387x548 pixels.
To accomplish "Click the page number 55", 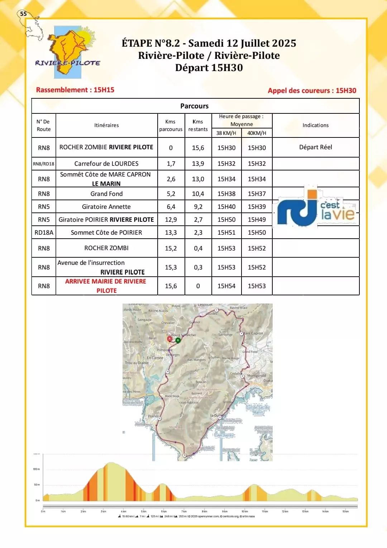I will [23, 14].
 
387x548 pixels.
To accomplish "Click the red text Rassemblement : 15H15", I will [75, 90].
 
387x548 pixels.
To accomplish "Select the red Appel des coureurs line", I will [312, 90].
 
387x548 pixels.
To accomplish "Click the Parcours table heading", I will [194, 106].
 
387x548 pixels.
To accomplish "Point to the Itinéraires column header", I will [106, 125].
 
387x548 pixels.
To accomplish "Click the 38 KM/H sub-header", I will [226, 133].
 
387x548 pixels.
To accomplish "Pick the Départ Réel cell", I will [315, 147].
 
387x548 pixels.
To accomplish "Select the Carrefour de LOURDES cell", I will [106, 164].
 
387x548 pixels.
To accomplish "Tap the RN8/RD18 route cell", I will [44, 164].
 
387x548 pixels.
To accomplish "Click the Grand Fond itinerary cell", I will [106, 194].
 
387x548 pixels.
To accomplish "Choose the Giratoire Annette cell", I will [106, 207].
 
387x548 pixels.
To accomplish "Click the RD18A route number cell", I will [44, 233].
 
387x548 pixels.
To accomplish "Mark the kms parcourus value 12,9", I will [171, 220].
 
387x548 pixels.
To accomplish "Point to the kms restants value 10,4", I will [198, 194].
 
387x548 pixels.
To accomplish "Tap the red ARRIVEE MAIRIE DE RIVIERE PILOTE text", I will [106, 286].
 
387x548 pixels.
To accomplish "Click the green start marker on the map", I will [178, 340].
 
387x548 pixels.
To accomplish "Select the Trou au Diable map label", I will [137, 363].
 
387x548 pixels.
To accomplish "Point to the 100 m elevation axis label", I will [37, 469].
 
